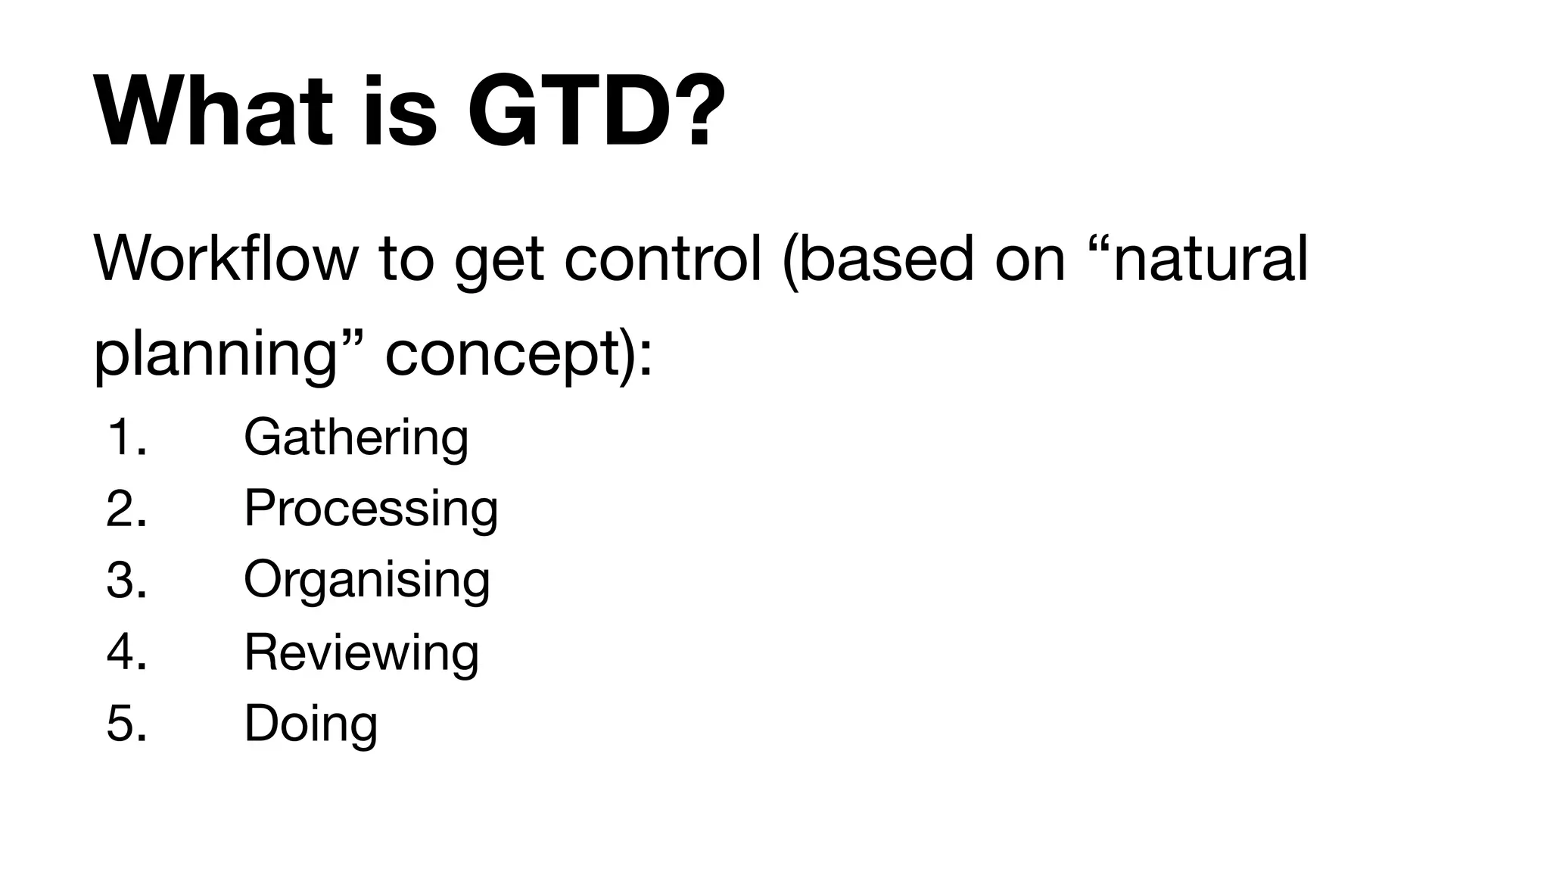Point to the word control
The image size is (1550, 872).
pos(662,259)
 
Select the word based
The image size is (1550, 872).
pos(885,259)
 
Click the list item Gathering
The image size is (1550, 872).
pos(356,438)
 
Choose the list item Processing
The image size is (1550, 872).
pos(371,509)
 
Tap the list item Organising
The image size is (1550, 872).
pos(367,581)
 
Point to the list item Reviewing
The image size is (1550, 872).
pos(361,652)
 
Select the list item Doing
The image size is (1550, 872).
pos(310,724)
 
